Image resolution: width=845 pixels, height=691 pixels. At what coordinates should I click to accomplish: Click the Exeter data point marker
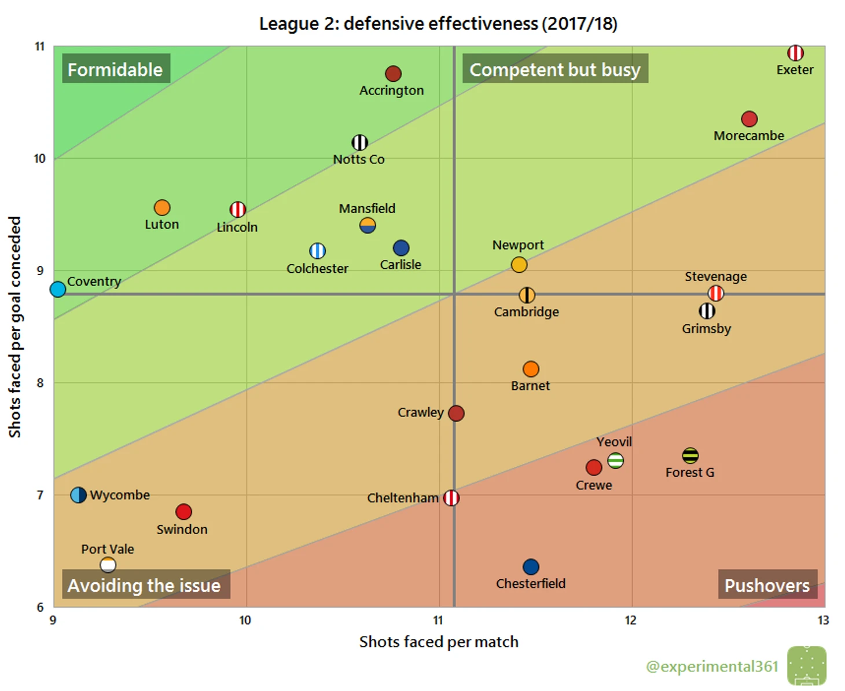(795, 53)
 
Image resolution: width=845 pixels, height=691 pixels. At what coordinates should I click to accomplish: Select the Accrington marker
(393, 74)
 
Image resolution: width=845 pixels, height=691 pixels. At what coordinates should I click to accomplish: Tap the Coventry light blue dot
(58, 289)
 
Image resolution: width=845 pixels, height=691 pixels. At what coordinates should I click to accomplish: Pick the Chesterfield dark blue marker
(531, 566)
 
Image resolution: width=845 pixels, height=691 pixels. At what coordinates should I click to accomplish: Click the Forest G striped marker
(690, 456)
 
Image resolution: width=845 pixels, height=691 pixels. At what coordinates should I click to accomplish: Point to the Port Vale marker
(108, 565)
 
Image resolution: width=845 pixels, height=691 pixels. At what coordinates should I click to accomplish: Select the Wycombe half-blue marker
(79, 495)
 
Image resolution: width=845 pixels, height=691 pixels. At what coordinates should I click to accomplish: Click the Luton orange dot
(162, 207)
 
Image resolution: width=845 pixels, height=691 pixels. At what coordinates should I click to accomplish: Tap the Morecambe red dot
(749, 119)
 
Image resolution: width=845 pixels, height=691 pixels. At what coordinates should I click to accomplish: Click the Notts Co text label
(359, 159)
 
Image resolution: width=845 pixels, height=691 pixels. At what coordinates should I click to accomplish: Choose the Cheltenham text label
(403, 498)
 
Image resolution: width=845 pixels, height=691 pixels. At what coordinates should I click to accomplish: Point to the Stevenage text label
(715, 277)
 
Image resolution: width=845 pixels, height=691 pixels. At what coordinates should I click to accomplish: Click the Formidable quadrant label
(115, 70)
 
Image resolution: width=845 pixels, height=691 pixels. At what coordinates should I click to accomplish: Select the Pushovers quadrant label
(767, 586)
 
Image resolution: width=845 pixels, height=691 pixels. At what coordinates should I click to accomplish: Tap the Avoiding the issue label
(144, 586)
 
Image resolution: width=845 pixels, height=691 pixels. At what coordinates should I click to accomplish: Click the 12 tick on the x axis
(630, 620)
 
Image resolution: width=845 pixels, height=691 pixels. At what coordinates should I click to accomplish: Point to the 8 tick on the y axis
(40, 383)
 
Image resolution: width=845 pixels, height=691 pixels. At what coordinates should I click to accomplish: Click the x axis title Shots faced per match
(439, 642)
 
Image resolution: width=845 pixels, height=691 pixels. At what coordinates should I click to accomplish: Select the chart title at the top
(438, 24)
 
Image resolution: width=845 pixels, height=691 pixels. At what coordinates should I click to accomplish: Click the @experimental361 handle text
(712, 667)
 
